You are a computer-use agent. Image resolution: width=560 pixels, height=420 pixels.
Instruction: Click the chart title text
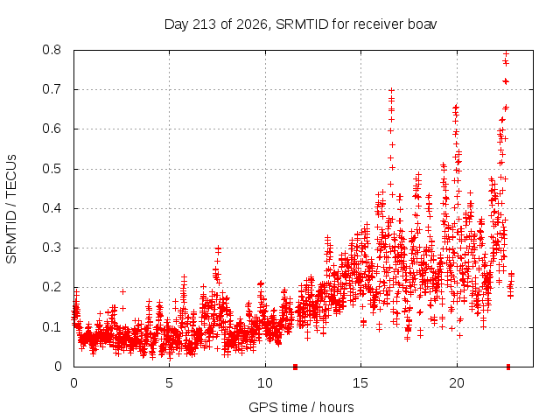(x=300, y=24)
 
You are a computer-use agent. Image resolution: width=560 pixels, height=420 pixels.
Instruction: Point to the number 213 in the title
(x=204, y=24)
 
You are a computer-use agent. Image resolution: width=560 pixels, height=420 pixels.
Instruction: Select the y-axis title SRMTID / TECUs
(x=11, y=209)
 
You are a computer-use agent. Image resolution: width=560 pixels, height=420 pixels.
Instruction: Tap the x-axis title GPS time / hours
(x=301, y=407)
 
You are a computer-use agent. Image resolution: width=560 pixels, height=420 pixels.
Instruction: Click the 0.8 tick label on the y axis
(x=52, y=50)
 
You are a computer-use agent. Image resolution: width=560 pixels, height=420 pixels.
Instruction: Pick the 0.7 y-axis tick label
(x=52, y=89)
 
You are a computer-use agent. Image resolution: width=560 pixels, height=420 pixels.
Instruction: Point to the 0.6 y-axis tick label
(x=52, y=129)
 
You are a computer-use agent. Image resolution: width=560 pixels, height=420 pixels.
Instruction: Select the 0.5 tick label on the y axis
(x=52, y=169)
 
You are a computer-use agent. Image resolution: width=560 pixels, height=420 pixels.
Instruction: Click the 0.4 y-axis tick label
(x=52, y=208)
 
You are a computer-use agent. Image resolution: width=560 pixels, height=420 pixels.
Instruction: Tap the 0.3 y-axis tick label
(x=52, y=248)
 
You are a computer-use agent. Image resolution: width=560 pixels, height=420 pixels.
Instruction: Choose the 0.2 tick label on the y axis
(x=52, y=287)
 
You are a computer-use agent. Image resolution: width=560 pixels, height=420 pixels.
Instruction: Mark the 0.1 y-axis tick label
(x=52, y=326)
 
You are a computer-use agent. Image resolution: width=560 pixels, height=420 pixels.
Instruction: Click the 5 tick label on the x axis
(x=169, y=383)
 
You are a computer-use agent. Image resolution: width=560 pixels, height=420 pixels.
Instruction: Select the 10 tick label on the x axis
(x=265, y=383)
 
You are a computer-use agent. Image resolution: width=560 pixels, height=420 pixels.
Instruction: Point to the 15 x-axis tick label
(x=360, y=383)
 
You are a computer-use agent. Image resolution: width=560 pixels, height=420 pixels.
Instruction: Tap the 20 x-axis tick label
(x=457, y=383)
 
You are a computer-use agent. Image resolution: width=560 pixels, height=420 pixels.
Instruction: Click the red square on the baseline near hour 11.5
(x=295, y=367)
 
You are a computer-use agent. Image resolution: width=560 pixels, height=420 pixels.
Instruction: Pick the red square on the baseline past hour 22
(x=508, y=367)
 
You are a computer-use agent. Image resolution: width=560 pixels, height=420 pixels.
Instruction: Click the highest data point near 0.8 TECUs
(x=506, y=53)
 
